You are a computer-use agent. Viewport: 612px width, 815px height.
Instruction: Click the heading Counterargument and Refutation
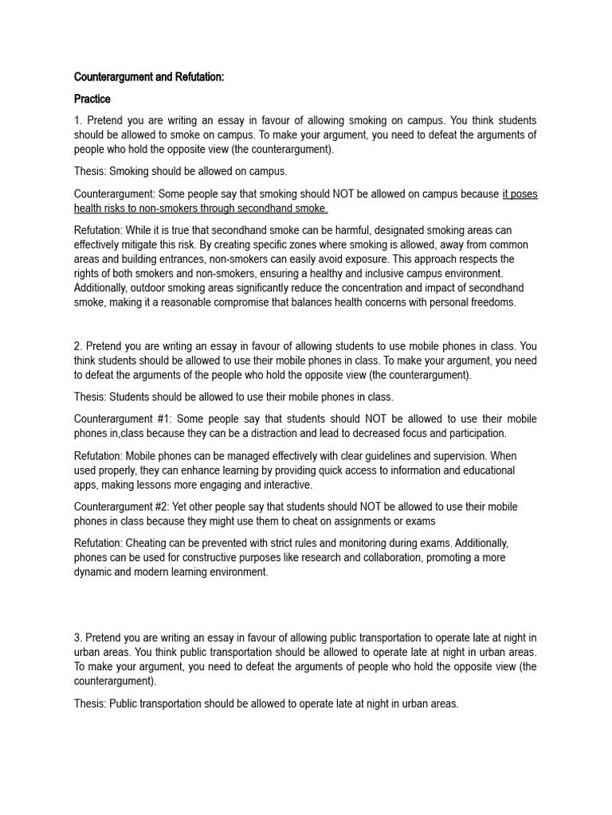point(149,77)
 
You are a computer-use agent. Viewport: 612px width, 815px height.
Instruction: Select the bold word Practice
point(92,99)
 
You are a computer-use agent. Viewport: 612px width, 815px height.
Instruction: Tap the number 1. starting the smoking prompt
point(77,121)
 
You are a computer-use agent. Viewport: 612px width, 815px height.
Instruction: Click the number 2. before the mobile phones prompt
point(78,346)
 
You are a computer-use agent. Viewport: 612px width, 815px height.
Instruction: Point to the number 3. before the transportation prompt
point(78,637)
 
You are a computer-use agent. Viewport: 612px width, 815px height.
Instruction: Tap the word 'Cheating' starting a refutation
point(148,544)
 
